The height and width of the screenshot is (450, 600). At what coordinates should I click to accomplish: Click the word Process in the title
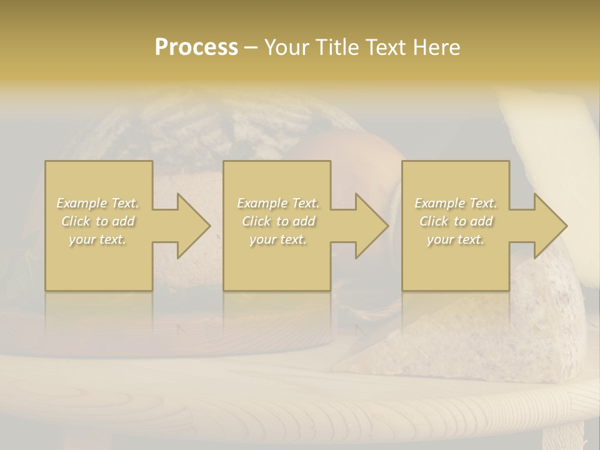[x=196, y=47]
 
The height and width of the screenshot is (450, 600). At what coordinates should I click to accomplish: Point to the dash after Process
[x=251, y=48]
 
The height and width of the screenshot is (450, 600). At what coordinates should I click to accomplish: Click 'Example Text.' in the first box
[x=98, y=203]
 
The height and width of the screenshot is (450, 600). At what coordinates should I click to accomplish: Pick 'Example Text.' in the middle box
[x=278, y=203]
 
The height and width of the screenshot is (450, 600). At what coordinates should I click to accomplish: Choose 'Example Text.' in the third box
[x=456, y=203]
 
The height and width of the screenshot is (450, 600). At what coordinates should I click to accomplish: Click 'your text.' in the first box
[x=97, y=239]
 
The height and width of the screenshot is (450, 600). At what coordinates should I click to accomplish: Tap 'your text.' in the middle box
[x=277, y=239]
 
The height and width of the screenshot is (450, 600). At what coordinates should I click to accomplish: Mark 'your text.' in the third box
[x=455, y=239]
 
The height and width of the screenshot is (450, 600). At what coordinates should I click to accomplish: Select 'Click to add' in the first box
[x=98, y=221]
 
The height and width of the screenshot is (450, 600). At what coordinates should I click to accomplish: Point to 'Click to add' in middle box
[x=278, y=221]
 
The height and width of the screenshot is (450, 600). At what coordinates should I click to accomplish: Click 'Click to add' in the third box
[x=456, y=221]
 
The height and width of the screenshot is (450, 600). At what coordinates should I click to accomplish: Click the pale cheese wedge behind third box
[x=550, y=144]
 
